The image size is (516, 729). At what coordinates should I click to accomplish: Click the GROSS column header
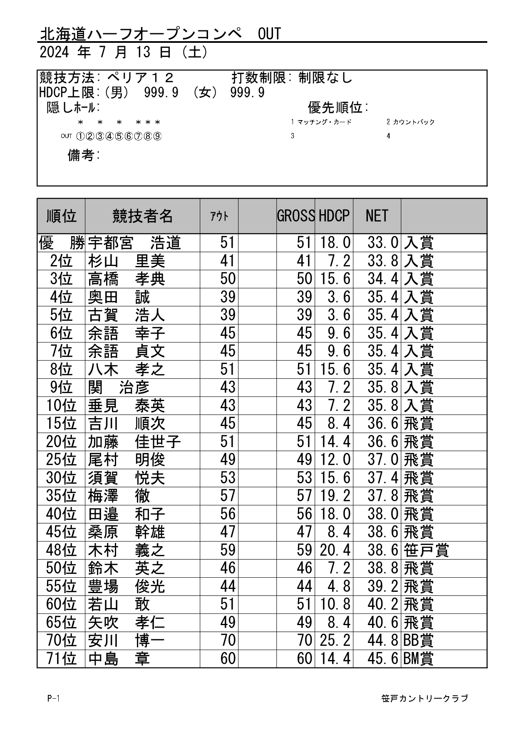(296, 216)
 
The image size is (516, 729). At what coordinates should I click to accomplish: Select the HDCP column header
(334, 216)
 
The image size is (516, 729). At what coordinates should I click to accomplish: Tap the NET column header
(377, 216)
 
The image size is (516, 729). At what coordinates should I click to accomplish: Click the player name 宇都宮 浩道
(134, 243)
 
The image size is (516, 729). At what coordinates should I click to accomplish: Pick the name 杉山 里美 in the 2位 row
(127, 261)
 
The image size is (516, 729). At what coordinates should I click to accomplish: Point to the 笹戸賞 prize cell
(426, 550)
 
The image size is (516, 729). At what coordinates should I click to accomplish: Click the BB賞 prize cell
(418, 640)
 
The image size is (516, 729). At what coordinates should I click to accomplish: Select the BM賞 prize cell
(418, 659)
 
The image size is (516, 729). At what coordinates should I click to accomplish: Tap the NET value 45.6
(382, 659)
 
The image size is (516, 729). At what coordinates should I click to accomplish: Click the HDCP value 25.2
(335, 640)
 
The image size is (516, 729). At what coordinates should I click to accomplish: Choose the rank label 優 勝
(62, 243)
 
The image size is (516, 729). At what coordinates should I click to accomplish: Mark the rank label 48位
(62, 550)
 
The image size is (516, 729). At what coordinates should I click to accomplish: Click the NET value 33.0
(382, 243)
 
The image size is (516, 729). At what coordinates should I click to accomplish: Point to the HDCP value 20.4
(335, 550)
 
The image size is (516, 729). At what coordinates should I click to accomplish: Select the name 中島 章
(119, 659)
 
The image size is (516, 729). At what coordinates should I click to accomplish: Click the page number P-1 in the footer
(54, 698)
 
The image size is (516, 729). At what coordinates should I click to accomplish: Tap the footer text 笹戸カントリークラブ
(424, 698)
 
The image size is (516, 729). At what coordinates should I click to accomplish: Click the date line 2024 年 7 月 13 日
(124, 52)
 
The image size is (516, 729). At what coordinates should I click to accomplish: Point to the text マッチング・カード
(325, 122)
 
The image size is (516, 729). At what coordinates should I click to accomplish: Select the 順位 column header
(62, 216)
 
